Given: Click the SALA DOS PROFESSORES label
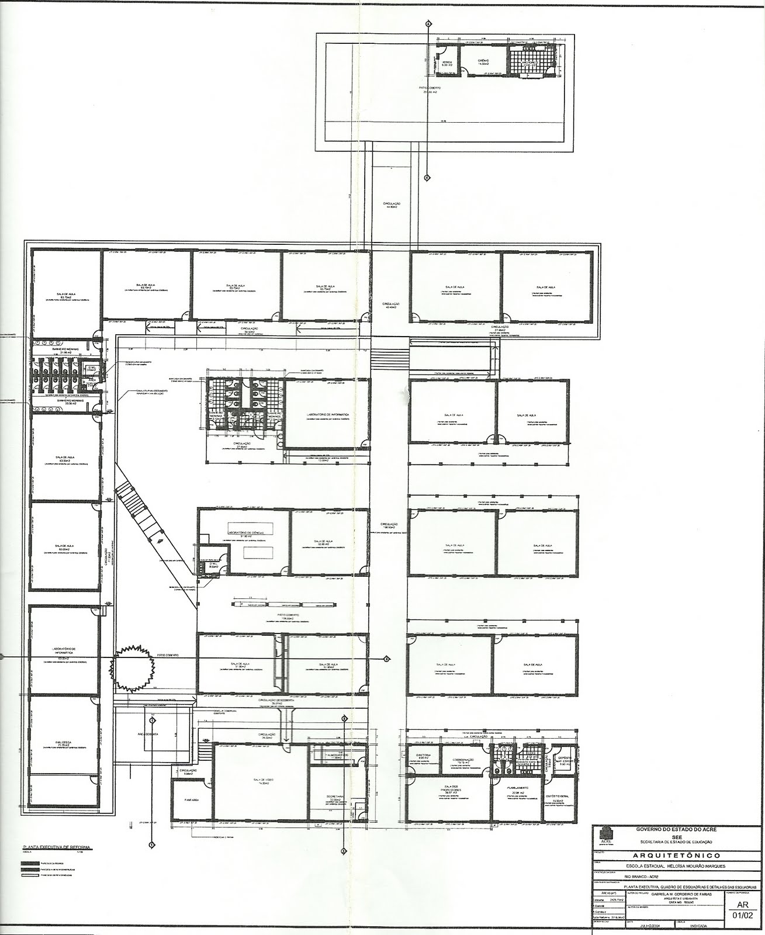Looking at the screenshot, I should [x=448, y=788].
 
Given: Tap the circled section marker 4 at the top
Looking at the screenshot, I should [x=428, y=23].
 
